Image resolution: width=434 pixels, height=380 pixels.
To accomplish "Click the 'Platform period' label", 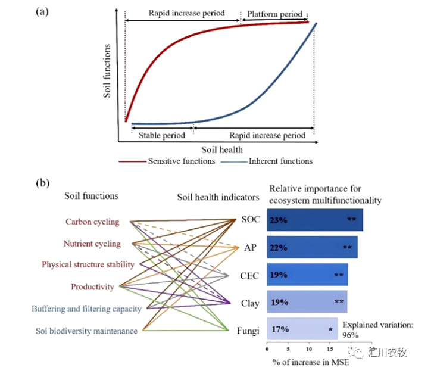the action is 274,14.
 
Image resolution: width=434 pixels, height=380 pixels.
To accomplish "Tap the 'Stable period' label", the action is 162,135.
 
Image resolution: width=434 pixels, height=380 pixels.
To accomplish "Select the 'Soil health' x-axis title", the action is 222,150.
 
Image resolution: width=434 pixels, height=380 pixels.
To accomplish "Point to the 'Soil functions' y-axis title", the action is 107,71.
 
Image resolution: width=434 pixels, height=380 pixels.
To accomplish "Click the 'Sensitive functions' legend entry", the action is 167,161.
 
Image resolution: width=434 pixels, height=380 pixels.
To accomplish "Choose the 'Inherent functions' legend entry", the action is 267,161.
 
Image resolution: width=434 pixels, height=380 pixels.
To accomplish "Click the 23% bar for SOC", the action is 315,220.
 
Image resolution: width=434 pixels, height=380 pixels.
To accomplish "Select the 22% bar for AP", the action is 312,247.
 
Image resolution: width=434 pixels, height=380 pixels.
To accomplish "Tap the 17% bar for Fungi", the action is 302,329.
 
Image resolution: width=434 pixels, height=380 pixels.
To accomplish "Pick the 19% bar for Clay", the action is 307,301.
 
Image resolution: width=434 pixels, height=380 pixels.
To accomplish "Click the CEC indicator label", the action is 249,276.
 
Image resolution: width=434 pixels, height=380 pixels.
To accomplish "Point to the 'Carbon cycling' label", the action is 92,222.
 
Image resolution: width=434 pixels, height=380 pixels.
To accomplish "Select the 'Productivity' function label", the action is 92,286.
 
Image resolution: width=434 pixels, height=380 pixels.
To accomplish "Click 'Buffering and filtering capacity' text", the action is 86,309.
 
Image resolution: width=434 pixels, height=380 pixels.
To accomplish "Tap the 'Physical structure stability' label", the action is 88,264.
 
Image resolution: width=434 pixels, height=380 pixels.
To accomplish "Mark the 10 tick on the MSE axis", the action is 309,349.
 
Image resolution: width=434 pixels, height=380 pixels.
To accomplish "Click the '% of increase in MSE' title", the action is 311,362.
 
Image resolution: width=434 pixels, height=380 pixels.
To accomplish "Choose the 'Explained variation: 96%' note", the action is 377,330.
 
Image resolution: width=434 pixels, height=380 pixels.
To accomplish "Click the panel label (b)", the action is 42,183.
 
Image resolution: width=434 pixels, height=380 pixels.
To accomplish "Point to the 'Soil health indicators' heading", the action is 218,197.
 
